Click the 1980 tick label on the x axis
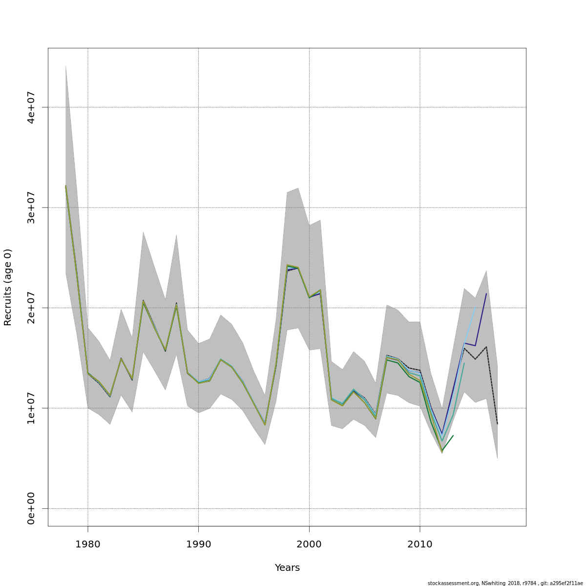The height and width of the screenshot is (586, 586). tap(88, 544)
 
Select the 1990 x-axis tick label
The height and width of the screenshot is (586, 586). tap(198, 544)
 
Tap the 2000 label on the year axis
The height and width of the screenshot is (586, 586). tap(309, 544)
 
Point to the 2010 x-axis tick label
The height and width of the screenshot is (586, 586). tap(420, 544)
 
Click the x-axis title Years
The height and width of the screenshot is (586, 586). tap(287, 567)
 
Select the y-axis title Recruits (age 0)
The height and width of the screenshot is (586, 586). tap(8, 287)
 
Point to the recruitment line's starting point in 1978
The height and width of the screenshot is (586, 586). tap(65, 186)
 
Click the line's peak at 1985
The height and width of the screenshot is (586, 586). tap(143, 301)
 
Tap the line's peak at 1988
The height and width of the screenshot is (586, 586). tap(176, 305)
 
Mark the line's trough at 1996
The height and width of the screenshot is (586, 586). tap(265, 424)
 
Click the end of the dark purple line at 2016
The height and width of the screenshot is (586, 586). tap(486, 293)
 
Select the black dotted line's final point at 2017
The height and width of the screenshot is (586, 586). tap(497, 424)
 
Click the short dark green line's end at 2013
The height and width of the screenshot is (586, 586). tap(453, 435)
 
